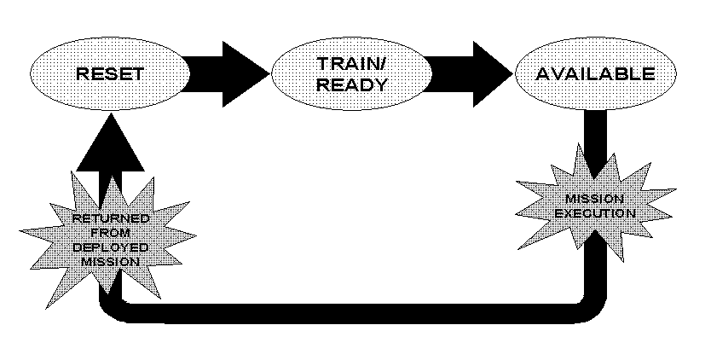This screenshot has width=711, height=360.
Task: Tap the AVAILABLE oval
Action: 594,74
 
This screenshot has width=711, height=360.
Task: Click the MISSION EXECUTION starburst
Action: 594,205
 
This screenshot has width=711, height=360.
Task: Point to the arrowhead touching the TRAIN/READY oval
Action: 249,74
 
